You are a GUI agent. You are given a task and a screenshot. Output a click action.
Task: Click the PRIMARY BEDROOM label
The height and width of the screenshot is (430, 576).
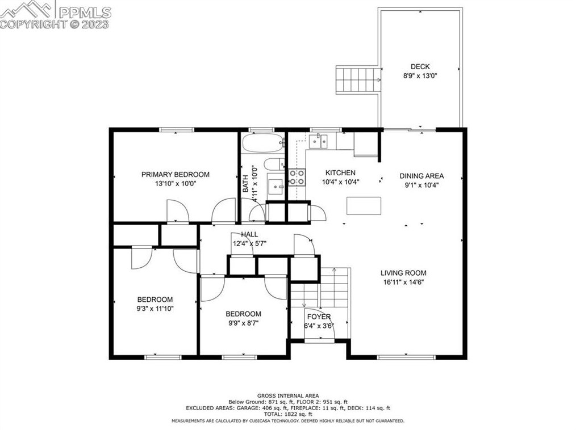175,174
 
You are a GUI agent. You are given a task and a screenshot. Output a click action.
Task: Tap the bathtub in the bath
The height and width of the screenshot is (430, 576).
263,143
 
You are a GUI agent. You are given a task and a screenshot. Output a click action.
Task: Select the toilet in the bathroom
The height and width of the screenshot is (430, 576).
274,165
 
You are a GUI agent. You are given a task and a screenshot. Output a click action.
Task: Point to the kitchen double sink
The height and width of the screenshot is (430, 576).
318,141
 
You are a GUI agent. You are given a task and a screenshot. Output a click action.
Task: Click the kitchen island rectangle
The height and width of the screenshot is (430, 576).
364,205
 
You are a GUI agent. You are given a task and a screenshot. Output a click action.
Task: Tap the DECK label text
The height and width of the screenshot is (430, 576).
420,67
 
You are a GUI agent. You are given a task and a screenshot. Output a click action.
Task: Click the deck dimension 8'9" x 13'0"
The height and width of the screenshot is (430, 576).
420,76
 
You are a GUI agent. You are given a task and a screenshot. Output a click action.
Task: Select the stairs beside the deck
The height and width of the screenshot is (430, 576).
358,80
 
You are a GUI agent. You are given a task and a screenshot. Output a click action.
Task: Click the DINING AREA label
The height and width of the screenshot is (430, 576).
421,176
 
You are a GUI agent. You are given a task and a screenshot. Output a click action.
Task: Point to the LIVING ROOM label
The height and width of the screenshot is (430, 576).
403,273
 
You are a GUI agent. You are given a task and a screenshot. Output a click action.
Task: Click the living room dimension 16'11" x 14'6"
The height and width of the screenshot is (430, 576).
403,282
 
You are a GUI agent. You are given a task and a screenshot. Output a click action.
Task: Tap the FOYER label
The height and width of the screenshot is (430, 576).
319,317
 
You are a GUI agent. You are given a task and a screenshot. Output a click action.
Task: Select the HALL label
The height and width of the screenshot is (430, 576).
249,234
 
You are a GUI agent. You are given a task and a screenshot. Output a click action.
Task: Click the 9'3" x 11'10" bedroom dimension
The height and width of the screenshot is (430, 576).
155,309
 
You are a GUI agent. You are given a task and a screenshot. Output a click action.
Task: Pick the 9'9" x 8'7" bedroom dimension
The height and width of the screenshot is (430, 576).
243,323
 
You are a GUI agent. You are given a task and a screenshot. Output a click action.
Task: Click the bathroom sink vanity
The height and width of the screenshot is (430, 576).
276,187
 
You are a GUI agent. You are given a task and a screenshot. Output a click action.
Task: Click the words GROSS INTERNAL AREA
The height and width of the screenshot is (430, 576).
288,395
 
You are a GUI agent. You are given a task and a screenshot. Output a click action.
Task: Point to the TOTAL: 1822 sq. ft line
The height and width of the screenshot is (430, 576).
288,414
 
